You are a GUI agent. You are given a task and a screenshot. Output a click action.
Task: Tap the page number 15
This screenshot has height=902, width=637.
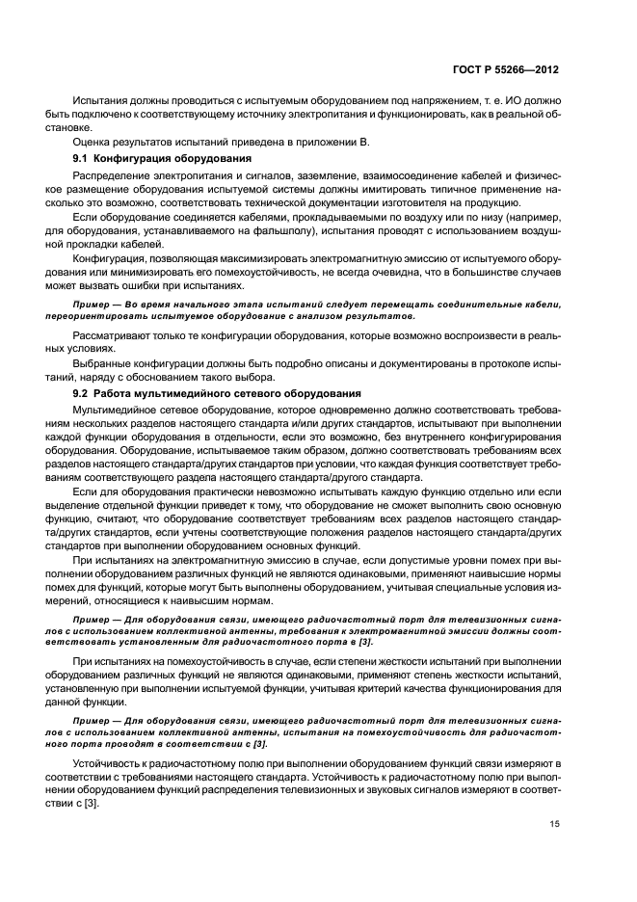(x=552, y=824)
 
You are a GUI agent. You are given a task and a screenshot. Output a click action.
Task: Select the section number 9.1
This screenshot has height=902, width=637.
(x=82, y=158)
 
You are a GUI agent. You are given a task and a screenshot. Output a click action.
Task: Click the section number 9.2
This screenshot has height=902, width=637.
(x=82, y=394)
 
